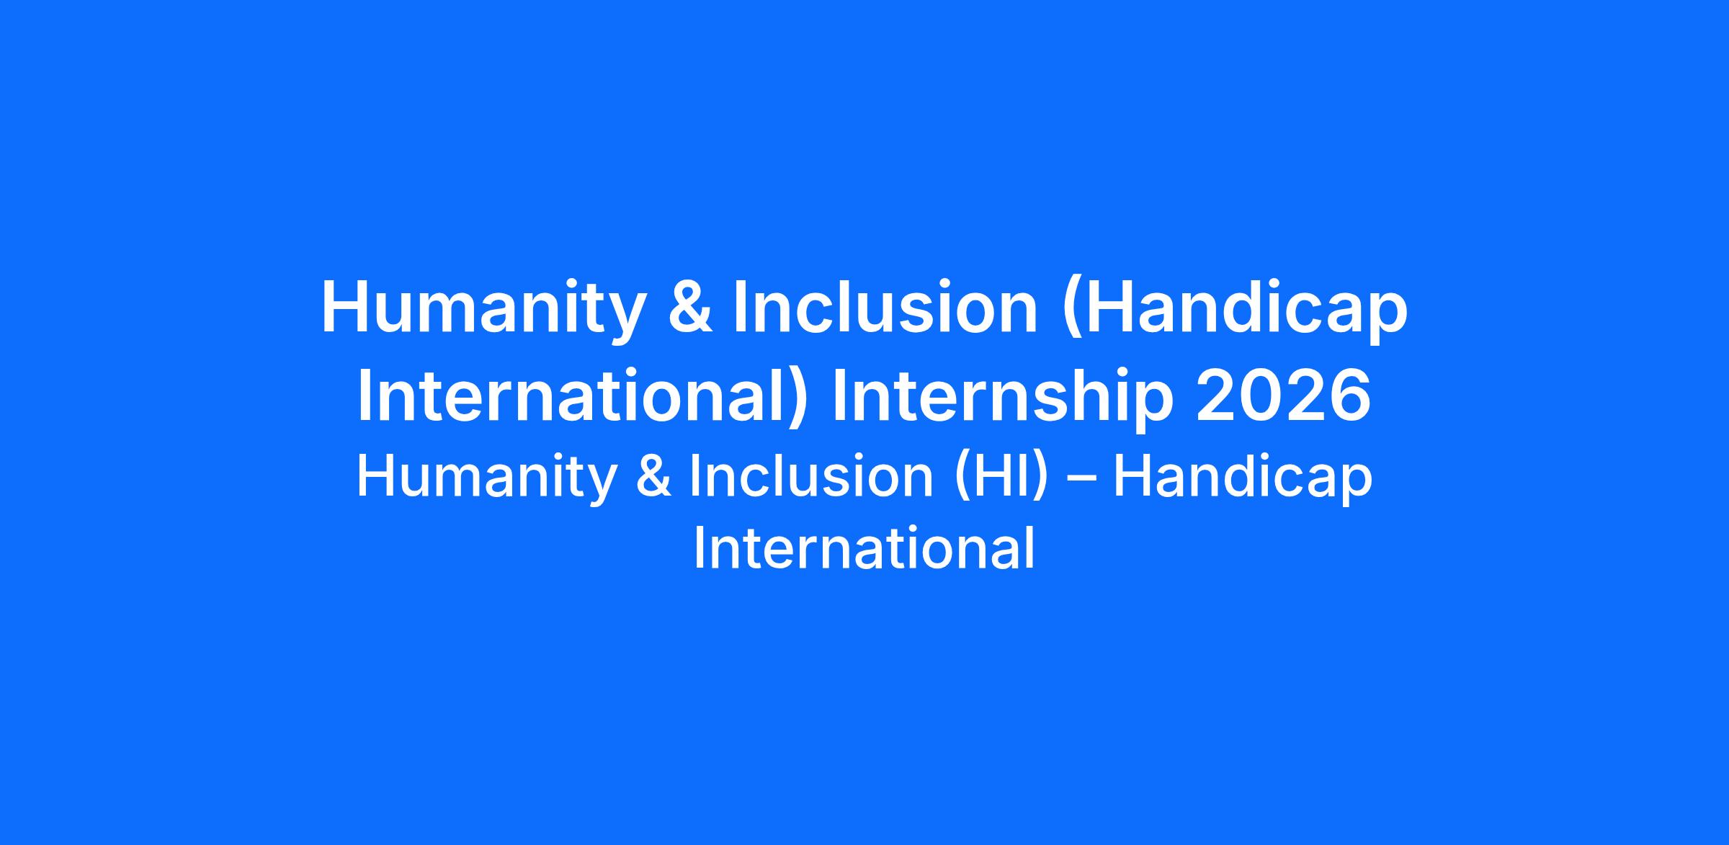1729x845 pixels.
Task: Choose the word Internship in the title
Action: pos(1001,399)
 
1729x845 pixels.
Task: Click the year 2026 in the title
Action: pos(1283,397)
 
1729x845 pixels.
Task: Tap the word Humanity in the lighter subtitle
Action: pos(486,479)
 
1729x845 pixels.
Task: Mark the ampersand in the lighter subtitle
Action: pos(653,476)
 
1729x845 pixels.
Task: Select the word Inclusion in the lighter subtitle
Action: pos(812,476)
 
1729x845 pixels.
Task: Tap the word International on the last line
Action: pos(864,548)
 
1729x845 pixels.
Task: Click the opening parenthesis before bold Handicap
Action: pos(1071,311)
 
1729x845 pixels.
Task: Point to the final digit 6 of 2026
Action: pos(1349,397)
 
